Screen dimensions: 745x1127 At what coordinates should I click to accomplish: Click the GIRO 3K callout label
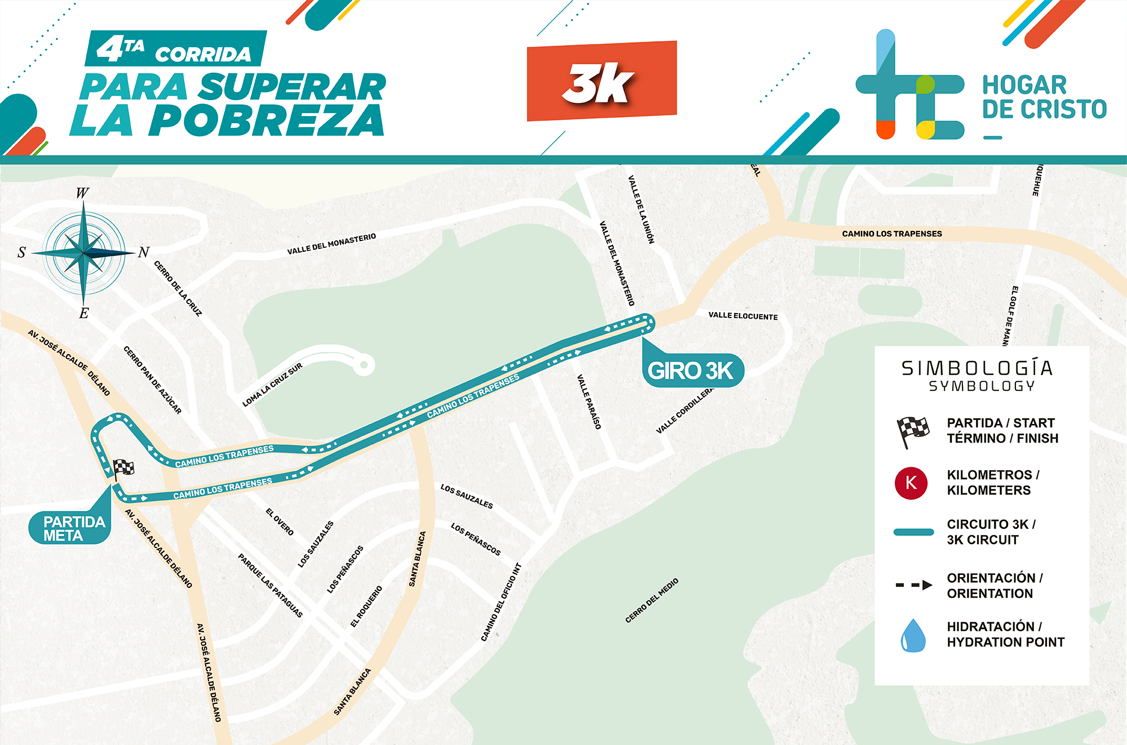pos(692,371)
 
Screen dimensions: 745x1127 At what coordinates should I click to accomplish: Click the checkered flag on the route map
pos(123,468)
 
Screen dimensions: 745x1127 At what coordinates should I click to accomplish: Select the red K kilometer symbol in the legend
pos(911,483)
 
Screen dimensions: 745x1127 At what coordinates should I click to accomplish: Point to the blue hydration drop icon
pos(913,635)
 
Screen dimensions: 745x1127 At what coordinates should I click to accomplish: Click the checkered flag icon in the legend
pos(912,431)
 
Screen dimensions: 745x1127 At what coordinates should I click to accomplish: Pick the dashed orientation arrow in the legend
pos(913,585)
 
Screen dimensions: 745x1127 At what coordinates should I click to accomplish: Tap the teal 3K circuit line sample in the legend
pos(913,532)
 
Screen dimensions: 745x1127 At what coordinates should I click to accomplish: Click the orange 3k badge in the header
pos(601,81)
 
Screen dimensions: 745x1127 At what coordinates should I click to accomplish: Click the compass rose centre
pos(83,253)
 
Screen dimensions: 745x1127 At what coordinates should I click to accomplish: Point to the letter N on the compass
pos(144,252)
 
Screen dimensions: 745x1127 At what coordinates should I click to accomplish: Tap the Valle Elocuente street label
pos(743,316)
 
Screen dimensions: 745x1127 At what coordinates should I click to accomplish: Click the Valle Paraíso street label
pos(589,402)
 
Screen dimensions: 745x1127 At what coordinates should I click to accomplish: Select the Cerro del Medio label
pos(651,600)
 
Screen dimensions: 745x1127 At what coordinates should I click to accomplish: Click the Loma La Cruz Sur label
pos(272,385)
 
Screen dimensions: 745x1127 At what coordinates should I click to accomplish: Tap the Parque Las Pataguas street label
pos(270,586)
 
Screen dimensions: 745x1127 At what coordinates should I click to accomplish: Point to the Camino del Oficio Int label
pos(501,602)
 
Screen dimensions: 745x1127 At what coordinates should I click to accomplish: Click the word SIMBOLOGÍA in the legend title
pos(977,368)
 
